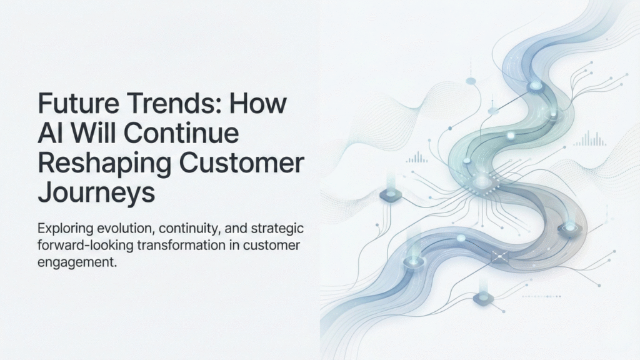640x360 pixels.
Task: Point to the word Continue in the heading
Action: tap(182, 132)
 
